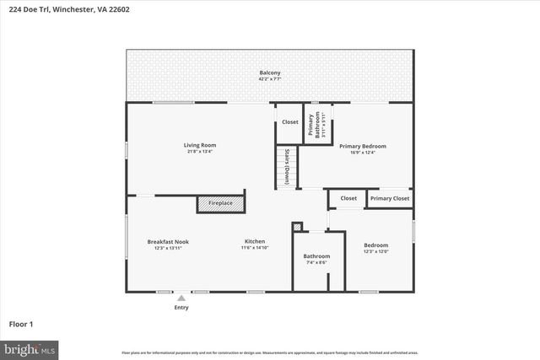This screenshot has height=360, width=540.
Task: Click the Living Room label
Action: click(200, 146)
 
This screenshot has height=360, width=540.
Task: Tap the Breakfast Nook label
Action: click(168, 242)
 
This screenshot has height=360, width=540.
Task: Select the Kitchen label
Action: click(255, 242)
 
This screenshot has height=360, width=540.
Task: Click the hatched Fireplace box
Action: click(220, 203)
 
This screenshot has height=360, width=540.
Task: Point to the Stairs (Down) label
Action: click(287, 167)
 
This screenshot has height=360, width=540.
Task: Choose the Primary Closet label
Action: click(390, 198)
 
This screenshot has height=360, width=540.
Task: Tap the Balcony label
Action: click(270, 73)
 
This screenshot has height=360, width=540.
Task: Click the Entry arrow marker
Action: click(181, 298)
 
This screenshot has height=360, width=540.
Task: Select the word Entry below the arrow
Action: click(181, 308)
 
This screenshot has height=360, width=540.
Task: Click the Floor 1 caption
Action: click(21, 324)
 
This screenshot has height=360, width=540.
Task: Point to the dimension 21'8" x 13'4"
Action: click(200, 153)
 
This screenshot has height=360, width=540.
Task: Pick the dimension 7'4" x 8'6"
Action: click(316, 263)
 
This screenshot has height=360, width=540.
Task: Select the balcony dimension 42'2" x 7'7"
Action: click(270, 79)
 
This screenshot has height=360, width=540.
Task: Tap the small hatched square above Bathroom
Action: click(297, 227)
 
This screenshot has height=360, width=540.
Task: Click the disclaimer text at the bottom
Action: click(270, 352)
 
